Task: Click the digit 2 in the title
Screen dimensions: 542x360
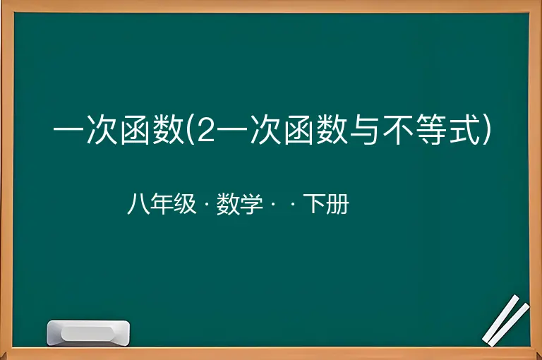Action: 205,130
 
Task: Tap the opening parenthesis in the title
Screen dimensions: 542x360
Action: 190,129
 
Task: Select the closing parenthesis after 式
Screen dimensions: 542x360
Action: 486,129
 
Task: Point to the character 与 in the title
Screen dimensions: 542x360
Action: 363,130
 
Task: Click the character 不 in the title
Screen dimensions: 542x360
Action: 397,130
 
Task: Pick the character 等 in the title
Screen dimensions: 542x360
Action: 430,130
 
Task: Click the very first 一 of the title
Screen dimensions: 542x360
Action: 68,130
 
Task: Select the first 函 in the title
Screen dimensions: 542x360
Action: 134,130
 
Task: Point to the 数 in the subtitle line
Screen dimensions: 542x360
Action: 227,204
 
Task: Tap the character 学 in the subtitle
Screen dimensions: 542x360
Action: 251,204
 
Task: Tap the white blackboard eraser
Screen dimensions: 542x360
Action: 88,332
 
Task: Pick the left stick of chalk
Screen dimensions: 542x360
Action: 501,318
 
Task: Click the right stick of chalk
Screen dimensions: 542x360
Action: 508,325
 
